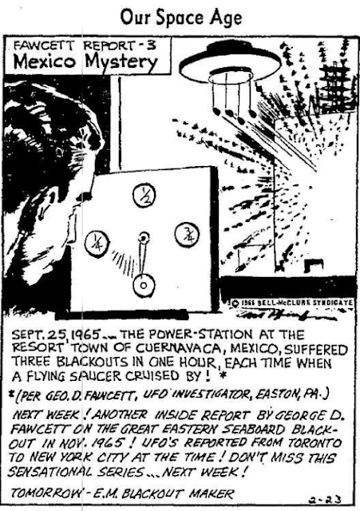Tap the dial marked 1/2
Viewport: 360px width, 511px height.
tap(144, 196)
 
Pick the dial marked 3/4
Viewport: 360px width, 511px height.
tap(187, 235)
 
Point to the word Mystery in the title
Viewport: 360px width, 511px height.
tap(121, 63)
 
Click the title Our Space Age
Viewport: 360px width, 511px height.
tap(181, 18)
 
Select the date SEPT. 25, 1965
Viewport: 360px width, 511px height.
tap(55, 335)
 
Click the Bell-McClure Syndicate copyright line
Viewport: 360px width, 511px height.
tap(292, 303)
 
